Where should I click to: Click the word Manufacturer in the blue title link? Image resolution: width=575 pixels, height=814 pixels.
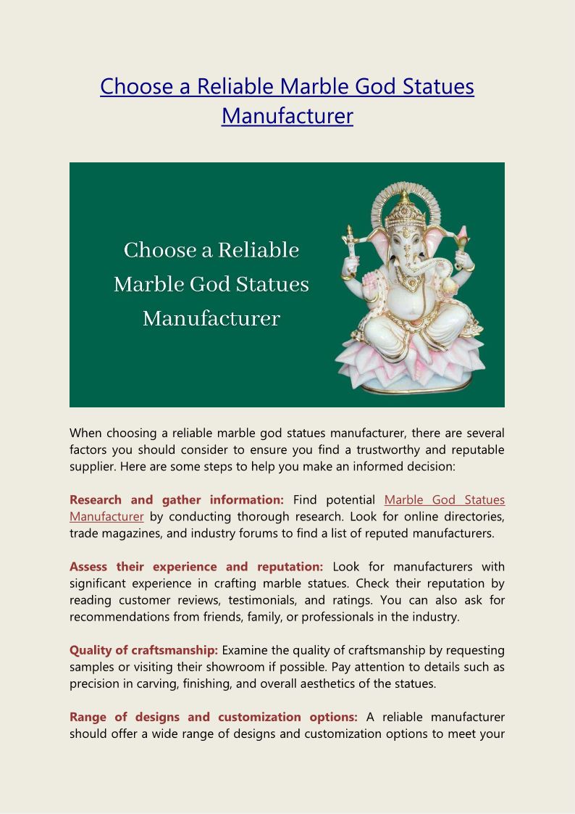tap(287, 116)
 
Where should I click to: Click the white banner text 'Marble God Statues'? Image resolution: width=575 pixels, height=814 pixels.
tap(211, 284)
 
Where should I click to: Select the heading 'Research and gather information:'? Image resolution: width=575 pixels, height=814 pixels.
tap(177, 500)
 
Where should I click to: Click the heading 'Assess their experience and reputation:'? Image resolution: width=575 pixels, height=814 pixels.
tap(196, 567)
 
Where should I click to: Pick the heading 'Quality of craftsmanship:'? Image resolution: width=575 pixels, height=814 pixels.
tap(143, 650)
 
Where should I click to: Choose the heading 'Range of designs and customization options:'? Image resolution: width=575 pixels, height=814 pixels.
tap(213, 717)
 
